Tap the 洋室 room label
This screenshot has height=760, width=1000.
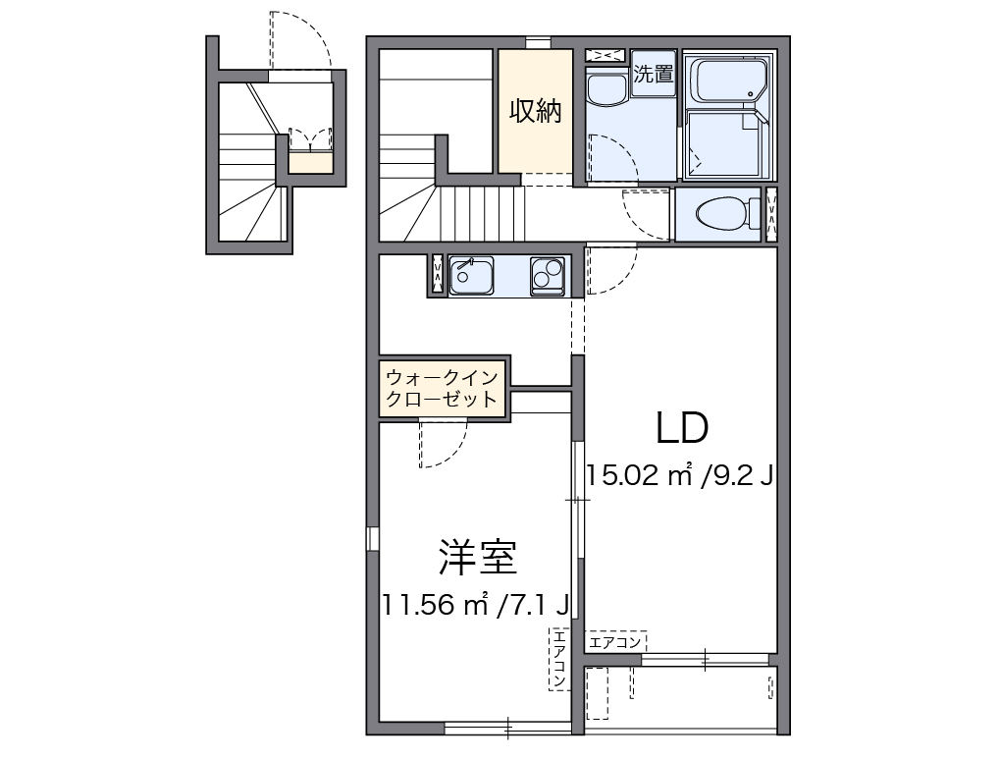(477, 558)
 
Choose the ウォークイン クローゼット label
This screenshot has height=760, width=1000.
(442, 388)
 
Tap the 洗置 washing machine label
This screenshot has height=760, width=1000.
(653, 74)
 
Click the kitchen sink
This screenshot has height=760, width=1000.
(472, 276)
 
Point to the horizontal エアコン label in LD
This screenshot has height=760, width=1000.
(615, 642)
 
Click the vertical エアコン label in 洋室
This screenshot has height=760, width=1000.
(558, 657)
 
